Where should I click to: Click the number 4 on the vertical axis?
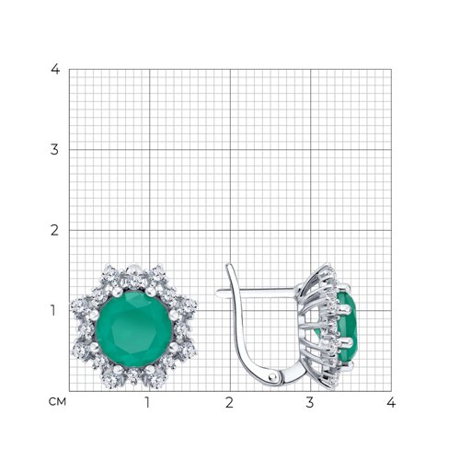(55, 69)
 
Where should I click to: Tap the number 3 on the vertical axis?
(54, 150)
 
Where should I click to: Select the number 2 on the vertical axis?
(54, 230)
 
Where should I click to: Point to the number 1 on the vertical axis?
(53, 311)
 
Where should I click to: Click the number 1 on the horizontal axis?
(147, 402)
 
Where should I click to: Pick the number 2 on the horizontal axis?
(229, 402)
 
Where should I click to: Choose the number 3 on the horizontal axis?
(310, 402)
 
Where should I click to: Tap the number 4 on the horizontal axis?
(391, 402)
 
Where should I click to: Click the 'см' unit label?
(57, 401)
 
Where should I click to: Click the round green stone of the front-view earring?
(133, 328)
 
